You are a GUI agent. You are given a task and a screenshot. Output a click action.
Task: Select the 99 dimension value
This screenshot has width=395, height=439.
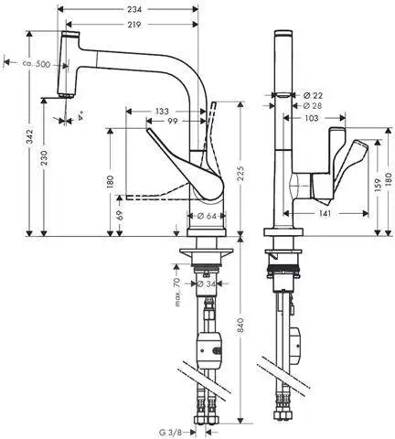click(x=172, y=122)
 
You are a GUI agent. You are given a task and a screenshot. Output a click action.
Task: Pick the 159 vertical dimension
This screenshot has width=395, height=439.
click(x=377, y=186)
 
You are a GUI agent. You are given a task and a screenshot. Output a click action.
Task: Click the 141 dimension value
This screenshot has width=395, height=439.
click(x=326, y=212)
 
